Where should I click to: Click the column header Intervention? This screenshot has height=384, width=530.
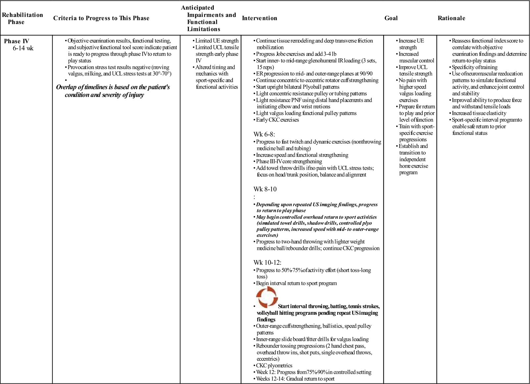click(259, 18)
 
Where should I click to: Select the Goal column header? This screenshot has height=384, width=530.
click(391, 18)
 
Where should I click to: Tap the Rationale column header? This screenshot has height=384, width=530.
click(451, 18)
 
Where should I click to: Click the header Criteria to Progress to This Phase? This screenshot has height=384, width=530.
click(101, 18)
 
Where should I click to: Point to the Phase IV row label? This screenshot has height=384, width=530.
click(17, 41)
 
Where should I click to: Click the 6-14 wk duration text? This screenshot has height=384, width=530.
click(23, 48)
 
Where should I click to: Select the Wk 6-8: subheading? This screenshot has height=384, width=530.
click(264, 134)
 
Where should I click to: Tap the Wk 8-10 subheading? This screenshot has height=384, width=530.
click(265, 189)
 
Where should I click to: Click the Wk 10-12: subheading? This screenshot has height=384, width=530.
click(267, 262)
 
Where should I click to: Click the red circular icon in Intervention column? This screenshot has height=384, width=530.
click(267, 297)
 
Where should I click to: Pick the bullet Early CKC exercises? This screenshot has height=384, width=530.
click(277, 120)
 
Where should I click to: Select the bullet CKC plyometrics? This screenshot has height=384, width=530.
click(274, 365)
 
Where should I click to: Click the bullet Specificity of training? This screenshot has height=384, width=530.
click(474, 67)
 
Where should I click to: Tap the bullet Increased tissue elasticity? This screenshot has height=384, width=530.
click(479, 113)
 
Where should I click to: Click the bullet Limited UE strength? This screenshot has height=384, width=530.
click(217, 41)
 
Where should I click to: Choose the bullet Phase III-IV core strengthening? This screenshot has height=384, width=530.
click(289, 161)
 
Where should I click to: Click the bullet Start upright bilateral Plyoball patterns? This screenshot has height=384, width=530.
click(297, 87)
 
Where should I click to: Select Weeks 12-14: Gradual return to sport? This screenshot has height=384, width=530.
click(295, 379)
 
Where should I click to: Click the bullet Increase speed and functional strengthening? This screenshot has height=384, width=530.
click(302, 155)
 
